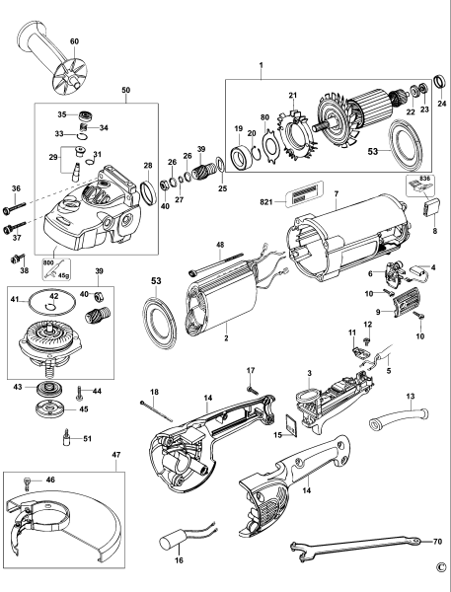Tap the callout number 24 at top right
click(442, 103)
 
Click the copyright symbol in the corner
click(439, 568)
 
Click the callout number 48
click(220, 244)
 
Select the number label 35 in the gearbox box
click(62, 114)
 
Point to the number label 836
click(416, 180)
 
